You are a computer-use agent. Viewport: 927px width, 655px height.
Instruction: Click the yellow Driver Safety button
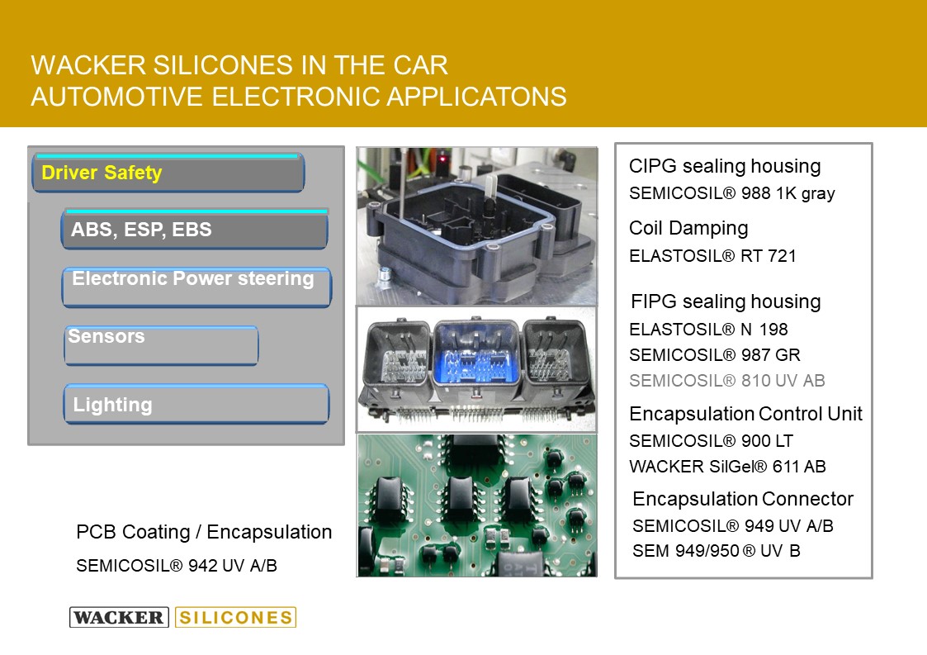tap(168, 173)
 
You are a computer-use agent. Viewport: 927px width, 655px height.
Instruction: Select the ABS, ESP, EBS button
tap(195, 229)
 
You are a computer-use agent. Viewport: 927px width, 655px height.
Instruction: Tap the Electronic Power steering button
tap(196, 287)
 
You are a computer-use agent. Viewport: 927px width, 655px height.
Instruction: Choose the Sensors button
tap(162, 345)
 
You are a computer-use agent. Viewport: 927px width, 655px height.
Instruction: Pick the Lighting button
tap(196, 404)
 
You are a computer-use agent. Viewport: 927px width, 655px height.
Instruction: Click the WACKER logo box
tap(120, 617)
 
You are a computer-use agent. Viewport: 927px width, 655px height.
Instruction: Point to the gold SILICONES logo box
tap(235, 617)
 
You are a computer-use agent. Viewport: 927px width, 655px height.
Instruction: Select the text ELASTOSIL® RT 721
tap(712, 255)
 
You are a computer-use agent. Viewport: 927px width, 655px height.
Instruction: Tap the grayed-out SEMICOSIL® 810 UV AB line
tap(726, 381)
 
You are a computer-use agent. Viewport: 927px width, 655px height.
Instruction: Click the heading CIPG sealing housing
tap(725, 166)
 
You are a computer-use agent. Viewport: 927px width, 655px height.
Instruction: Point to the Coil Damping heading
tap(688, 229)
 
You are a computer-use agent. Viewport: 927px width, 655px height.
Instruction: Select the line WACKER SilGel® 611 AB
tap(727, 466)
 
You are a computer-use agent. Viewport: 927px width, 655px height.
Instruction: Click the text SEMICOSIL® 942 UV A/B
tap(176, 566)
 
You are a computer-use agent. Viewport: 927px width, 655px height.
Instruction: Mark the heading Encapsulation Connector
tap(743, 499)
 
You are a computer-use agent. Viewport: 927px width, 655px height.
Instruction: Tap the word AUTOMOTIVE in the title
tap(116, 97)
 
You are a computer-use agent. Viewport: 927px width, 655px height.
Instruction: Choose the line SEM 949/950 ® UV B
tap(716, 551)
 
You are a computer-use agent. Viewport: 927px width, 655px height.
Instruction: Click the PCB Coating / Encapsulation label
tap(204, 532)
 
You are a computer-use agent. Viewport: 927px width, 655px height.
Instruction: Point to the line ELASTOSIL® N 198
tap(708, 329)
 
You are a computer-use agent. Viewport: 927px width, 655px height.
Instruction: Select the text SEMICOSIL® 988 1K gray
tap(732, 193)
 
